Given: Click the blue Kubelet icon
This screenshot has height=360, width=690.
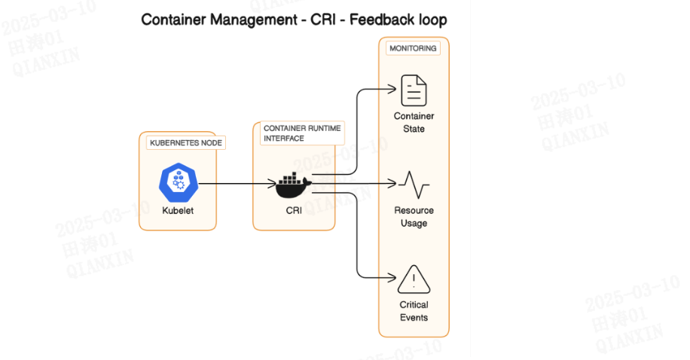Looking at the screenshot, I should pyautogui.click(x=178, y=182).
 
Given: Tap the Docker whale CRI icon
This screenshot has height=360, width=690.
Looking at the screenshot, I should pyautogui.click(x=294, y=184).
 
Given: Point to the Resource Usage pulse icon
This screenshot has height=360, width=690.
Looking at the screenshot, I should pyautogui.click(x=414, y=184).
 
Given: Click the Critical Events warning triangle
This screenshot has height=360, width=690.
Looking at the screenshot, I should pyautogui.click(x=414, y=279).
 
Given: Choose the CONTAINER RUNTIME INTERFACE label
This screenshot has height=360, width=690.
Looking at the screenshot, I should pyautogui.click(x=301, y=133).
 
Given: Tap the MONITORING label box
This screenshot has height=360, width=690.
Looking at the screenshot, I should pyautogui.click(x=412, y=48).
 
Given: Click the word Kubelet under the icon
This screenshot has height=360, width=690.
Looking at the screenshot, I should pyautogui.click(x=178, y=211).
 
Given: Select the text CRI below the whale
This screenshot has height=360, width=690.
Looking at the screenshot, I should pyautogui.click(x=294, y=211).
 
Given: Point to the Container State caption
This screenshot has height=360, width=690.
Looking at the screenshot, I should pyautogui.click(x=414, y=123).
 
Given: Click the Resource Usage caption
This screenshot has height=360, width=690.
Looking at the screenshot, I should pyautogui.click(x=414, y=217).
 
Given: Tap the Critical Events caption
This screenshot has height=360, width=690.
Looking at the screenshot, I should pyautogui.click(x=414, y=311).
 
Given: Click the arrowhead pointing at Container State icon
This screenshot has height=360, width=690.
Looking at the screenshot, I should pyautogui.click(x=392, y=88).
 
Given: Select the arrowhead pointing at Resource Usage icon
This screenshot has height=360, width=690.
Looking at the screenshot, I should pyautogui.click(x=392, y=183).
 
